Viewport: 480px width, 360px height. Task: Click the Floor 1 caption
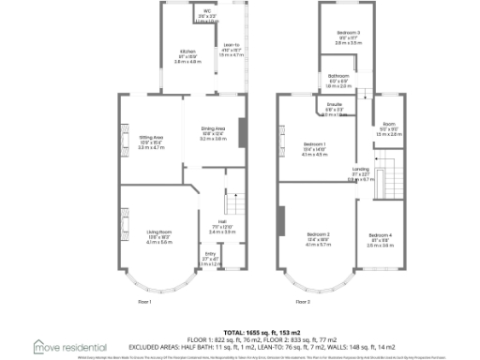(145, 302)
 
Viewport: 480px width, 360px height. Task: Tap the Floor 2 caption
(304, 302)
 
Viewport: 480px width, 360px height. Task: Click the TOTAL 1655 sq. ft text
(239, 321)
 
